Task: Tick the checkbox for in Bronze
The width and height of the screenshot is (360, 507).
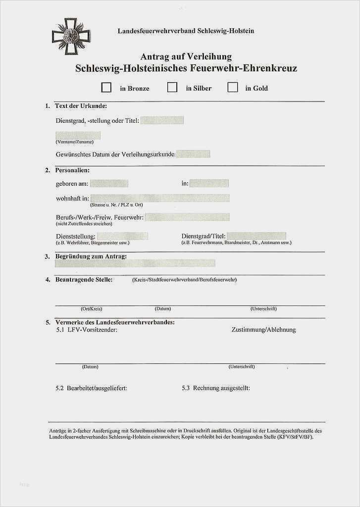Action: pyautogui.click(x=106, y=88)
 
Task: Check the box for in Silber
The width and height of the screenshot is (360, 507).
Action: pyautogui.click(x=172, y=88)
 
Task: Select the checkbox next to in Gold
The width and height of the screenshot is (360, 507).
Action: pyautogui.click(x=232, y=88)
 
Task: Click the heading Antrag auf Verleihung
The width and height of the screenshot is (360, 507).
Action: pyautogui.click(x=186, y=57)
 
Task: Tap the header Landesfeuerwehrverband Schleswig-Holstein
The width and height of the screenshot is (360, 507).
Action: pyautogui.click(x=186, y=31)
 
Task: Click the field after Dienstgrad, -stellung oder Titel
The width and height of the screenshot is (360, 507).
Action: pyautogui.click(x=162, y=120)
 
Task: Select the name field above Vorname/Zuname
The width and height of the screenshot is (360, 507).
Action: pyautogui.click(x=78, y=135)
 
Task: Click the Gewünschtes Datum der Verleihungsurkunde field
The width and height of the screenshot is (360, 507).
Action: pyautogui.click(x=193, y=154)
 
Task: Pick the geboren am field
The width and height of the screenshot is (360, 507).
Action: pyautogui.click(x=109, y=183)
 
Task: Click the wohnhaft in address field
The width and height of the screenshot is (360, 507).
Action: pyautogui.click(x=159, y=198)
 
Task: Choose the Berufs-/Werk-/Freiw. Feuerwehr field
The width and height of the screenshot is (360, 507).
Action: pyautogui.click(x=187, y=217)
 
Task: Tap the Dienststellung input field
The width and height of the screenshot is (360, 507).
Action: pyautogui.click(x=123, y=236)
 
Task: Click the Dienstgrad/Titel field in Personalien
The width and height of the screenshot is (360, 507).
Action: pyautogui.click(x=257, y=236)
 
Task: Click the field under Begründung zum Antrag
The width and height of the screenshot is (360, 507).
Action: pyautogui.click(x=135, y=263)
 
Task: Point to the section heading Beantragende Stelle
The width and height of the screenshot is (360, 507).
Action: pyautogui.click(x=84, y=280)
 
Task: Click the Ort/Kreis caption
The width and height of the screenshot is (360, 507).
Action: pyautogui.click(x=92, y=309)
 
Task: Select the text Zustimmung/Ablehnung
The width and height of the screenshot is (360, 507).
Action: pyautogui.click(x=263, y=330)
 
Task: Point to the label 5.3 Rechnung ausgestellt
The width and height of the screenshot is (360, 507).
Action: pyautogui.click(x=216, y=388)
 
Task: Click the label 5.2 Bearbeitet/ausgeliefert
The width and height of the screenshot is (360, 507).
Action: pyautogui.click(x=92, y=388)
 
